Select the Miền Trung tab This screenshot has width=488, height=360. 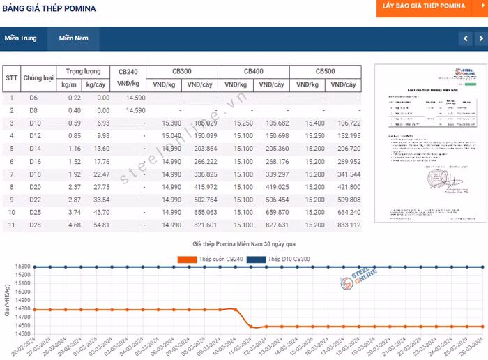[20, 38]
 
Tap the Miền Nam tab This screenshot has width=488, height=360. [73, 38]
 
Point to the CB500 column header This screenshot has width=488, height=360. [325, 72]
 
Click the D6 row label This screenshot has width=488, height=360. [33, 98]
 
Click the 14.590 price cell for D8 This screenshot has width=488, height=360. [135, 110]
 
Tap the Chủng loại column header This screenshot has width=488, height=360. [38, 78]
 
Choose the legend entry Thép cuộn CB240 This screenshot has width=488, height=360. [209, 260]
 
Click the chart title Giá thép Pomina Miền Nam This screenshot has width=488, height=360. [243, 243]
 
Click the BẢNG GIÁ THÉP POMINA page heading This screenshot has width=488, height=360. [49, 9]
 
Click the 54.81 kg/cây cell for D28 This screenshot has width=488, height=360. [102, 225]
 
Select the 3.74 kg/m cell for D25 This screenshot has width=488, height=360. [74, 212]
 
